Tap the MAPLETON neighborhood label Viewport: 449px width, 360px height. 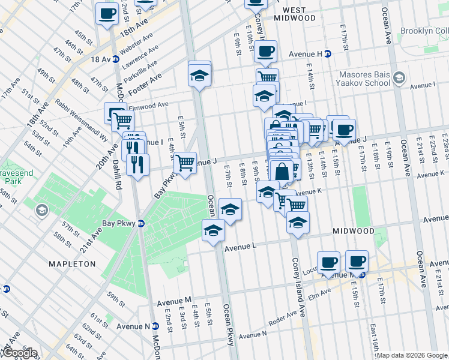(73, 263)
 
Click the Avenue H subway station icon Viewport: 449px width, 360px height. (328, 53)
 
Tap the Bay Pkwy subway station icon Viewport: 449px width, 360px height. (141, 223)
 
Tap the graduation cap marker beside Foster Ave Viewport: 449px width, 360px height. (200, 76)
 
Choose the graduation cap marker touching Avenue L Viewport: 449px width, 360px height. (213, 231)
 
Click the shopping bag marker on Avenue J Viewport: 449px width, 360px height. (282, 171)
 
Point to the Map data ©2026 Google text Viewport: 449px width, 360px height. (412, 355)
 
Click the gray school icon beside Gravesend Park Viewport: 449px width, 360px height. (41, 210)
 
